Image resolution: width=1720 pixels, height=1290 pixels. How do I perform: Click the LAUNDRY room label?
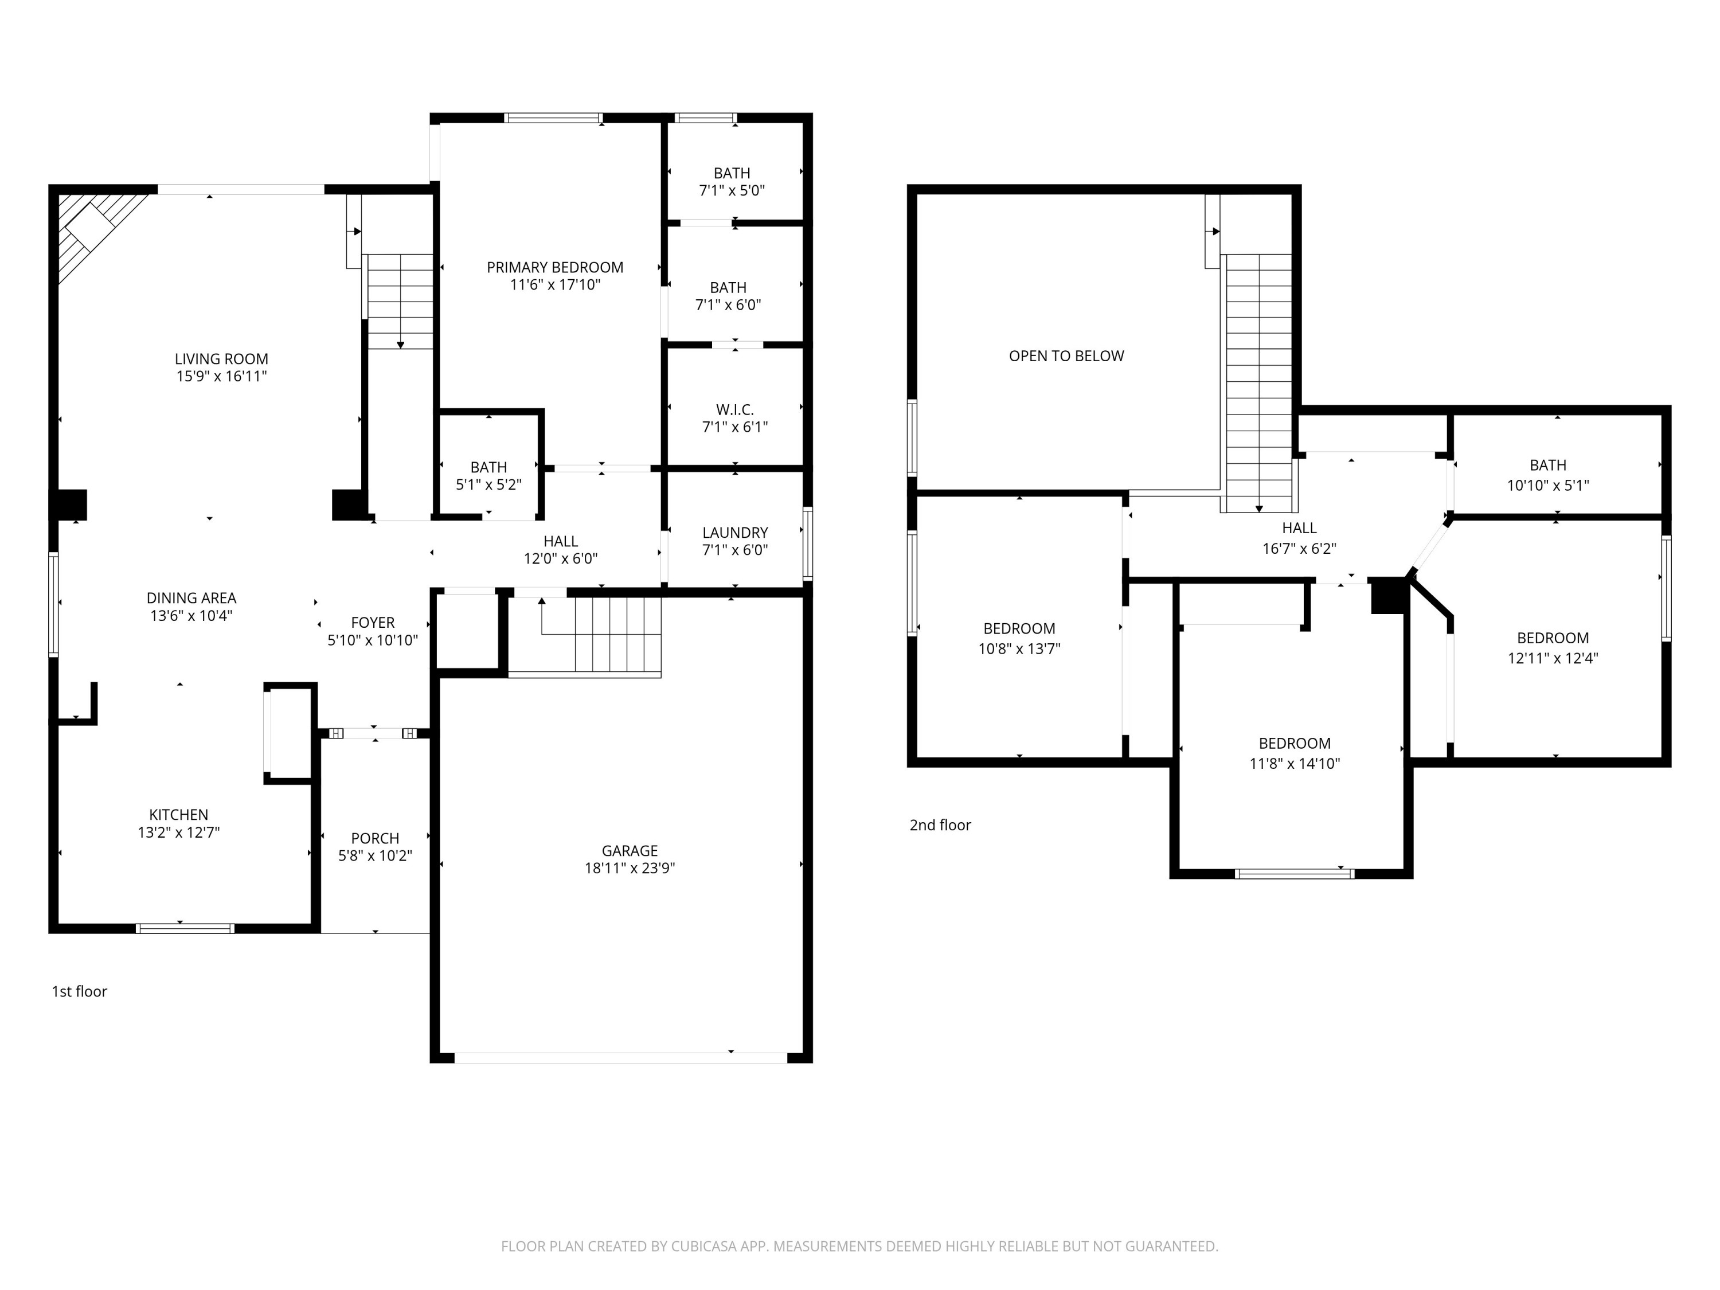pyautogui.click(x=735, y=533)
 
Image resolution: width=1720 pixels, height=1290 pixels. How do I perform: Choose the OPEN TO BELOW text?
pyautogui.click(x=1066, y=356)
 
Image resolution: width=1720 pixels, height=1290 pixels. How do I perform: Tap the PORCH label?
pyautogui.click(x=375, y=838)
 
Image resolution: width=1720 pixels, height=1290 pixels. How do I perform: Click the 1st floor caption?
pyautogui.click(x=79, y=991)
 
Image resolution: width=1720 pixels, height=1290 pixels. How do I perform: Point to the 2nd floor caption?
pyautogui.click(x=940, y=825)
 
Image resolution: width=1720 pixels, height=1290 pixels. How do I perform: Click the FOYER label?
pyautogui.click(x=373, y=623)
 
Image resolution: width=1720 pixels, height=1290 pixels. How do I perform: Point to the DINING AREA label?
pyautogui.click(x=191, y=598)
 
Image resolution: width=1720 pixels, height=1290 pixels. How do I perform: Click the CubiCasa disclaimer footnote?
pyautogui.click(x=859, y=1246)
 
